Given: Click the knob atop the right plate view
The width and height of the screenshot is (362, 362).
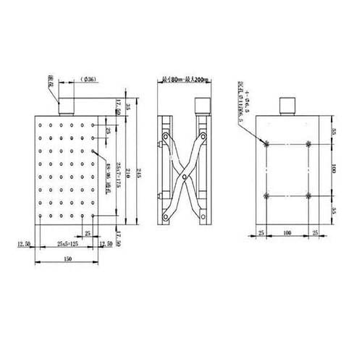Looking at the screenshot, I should [288, 106].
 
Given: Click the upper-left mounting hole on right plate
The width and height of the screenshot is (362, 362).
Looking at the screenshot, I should [268, 143].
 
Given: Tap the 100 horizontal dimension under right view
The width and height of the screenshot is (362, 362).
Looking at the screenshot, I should [288, 233].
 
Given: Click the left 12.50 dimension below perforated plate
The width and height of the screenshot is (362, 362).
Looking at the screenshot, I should [25, 244].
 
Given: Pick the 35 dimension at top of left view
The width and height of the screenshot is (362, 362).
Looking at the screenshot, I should [127, 106].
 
